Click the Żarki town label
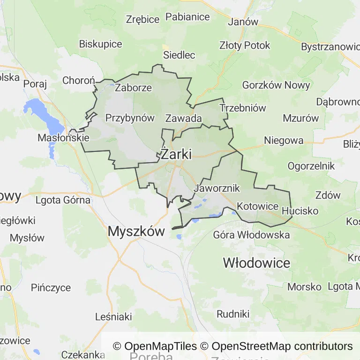coord(176,154)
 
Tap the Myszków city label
coord(136,231)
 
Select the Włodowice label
coord(256,262)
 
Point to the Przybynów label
coord(130,118)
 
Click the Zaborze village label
coord(134,88)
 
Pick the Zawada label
coord(184,118)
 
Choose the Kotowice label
coord(258,206)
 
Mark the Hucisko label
coord(300,211)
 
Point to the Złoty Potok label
coord(245,45)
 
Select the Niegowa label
coord(284,140)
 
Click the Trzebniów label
coord(243,108)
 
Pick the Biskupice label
coord(100,44)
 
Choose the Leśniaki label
coord(113,316)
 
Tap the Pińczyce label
coord(51,287)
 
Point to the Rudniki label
coord(233,314)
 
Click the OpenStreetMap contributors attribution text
coord(282,346)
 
